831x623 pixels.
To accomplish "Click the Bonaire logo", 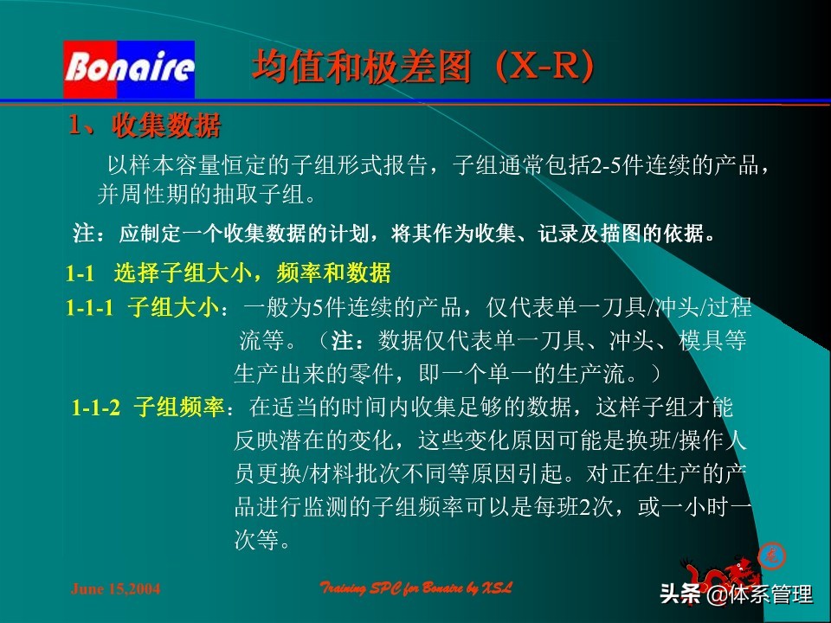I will pyautogui.click(x=129, y=68).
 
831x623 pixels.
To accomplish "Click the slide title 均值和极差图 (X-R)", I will pyautogui.click(x=423, y=67).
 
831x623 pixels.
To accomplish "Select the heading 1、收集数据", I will pyautogui.click(x=145, y=126).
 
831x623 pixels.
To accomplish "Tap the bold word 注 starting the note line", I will pyautogui.click(x=82, y=234).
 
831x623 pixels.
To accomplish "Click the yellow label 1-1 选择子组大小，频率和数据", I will pyautogui.click(x=229, y=274).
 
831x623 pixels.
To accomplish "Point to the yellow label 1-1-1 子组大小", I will pyautogui.click(x=145, y=308).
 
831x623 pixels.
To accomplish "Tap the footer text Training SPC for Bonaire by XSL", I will pyautogui.click(x=416, y=588).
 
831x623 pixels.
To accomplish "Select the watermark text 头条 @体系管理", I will pyautogui.click(x=736, y=594).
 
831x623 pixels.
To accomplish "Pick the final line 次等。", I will pyautogui.click(x=262, y=541).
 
